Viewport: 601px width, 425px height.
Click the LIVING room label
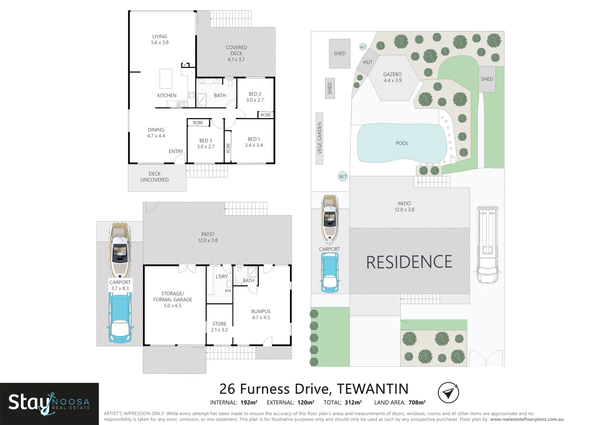pos(159,39)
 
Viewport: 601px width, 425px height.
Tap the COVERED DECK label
pos(236,53)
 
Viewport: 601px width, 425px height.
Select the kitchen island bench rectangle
pos(166,78)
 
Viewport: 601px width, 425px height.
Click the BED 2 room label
pos(255,97)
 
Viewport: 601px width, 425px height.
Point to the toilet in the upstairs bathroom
pos(230,82)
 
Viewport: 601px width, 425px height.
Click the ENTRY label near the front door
pos(176,152)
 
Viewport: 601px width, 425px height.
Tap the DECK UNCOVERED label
pos(155,177)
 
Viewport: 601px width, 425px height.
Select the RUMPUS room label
pos(261,314)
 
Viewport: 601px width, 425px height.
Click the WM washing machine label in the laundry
pos(228,291)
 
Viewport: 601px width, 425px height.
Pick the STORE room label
pos(219,327)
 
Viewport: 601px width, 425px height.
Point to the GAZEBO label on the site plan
pos(392,77)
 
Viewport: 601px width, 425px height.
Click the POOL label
pos(402,143)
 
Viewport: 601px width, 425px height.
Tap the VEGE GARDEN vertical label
pos(320,138)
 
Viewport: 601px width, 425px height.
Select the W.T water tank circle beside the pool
pos(343,176)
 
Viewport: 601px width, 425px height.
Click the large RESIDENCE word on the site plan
pos(409,262)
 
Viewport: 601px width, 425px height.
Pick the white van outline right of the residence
pos(487,244)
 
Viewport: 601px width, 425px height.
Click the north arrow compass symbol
pos(448,392)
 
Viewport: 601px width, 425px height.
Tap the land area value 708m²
pos(417,403)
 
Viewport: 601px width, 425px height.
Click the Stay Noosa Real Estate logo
pos(49,403)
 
